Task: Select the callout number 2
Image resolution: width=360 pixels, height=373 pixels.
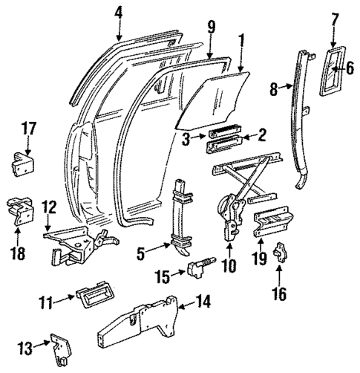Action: pyautogui.click(x=261, y=134)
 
